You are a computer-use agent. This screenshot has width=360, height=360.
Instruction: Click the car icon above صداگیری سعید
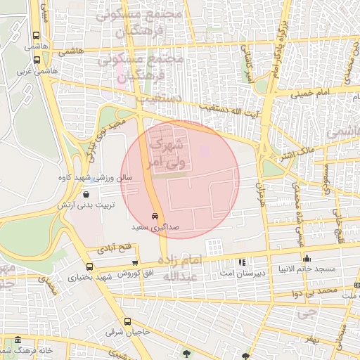click(155, 217)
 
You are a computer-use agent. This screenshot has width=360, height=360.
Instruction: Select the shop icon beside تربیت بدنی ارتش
click(85, 195)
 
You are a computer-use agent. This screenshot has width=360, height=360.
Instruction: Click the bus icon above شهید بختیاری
click(89, 266)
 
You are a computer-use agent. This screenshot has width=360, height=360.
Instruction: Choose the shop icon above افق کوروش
click(134, 262)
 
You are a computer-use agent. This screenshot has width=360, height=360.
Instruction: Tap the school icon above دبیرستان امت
click(242, 261)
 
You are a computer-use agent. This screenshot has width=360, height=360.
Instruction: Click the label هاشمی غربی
click(36, 71)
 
